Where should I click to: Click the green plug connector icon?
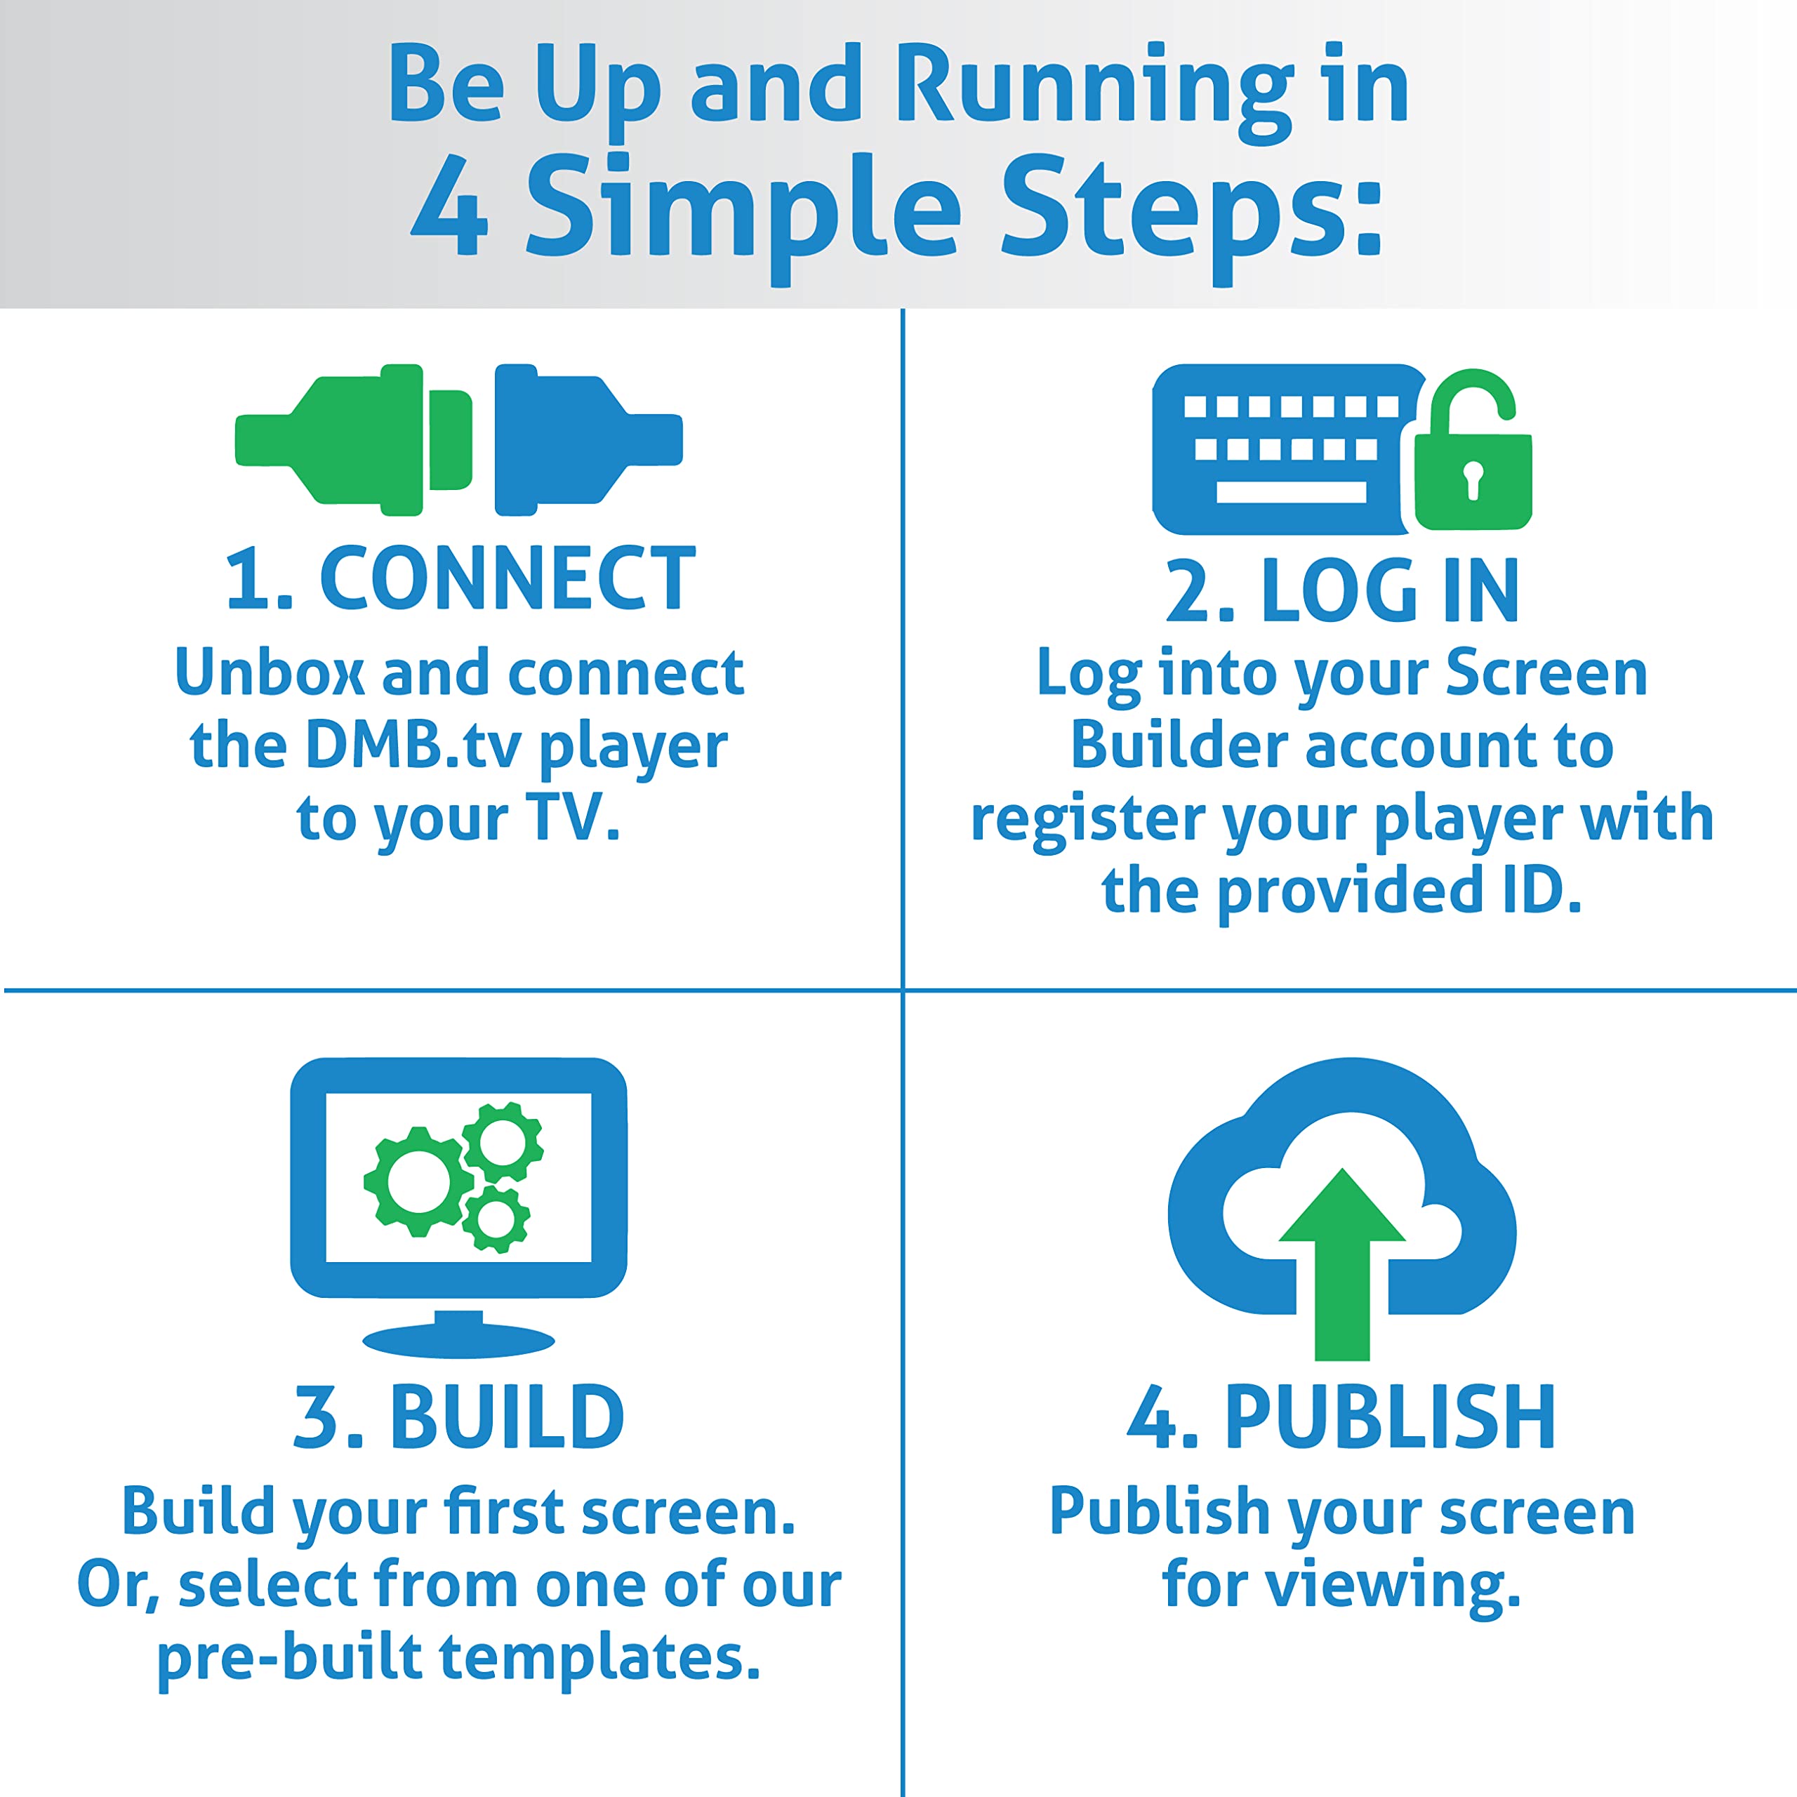[354, 439]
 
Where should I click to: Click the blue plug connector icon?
[588, 439]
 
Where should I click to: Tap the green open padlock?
[1473, 449]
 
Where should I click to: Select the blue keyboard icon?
[1284, 449]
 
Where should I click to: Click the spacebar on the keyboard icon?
[1291, 492]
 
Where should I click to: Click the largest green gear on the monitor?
[418, 1181]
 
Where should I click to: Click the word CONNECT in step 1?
[508, 578]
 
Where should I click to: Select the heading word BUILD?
[507, 1417]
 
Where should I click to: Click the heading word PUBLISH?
[1390, 1417]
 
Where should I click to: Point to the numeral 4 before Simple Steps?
[449, 206]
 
